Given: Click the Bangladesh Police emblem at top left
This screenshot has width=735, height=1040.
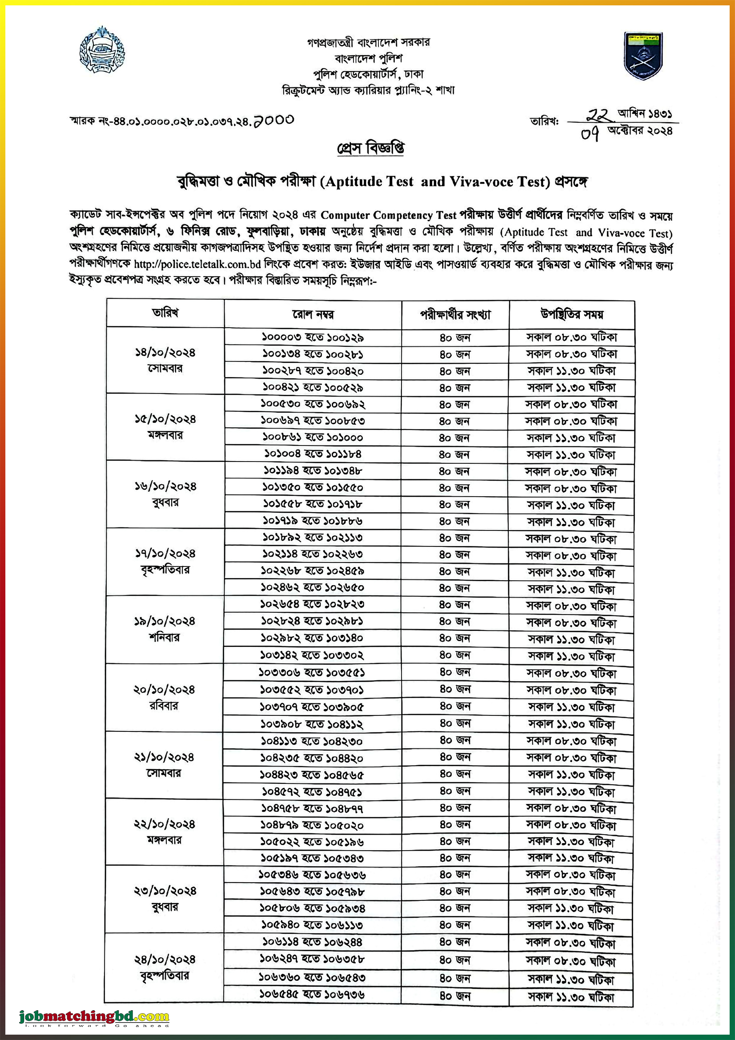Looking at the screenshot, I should coord(102,49).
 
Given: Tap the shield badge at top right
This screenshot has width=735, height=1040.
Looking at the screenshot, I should coord(643,56).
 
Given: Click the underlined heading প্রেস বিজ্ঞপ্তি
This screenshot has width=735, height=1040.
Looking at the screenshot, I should coord(370,149).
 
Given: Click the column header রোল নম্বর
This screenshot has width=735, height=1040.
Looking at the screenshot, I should coord(313,314).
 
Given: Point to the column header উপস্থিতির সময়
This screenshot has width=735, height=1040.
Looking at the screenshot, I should coord(571,314).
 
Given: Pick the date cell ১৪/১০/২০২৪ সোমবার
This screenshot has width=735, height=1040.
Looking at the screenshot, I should coord(165,360).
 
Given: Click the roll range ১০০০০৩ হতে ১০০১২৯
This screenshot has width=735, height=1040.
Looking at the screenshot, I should coord(313,337).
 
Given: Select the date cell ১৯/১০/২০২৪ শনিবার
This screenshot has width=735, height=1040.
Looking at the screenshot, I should coord(165,629).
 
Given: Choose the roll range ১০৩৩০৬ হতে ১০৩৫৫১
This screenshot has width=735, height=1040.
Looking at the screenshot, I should coord(312,673).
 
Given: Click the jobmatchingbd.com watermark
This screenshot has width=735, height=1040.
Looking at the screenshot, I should coord(94,1016).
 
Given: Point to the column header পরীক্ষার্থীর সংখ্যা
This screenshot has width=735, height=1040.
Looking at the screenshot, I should coord(455,314).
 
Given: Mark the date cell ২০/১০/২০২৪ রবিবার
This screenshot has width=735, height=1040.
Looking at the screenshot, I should coord(165,698).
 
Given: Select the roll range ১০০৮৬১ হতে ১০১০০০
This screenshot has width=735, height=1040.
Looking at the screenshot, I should coord(313,438).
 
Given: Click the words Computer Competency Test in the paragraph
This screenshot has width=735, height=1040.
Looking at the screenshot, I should coord(389,215).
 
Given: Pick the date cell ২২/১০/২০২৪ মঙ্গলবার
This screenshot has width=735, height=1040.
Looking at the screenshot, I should coord(165,831).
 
